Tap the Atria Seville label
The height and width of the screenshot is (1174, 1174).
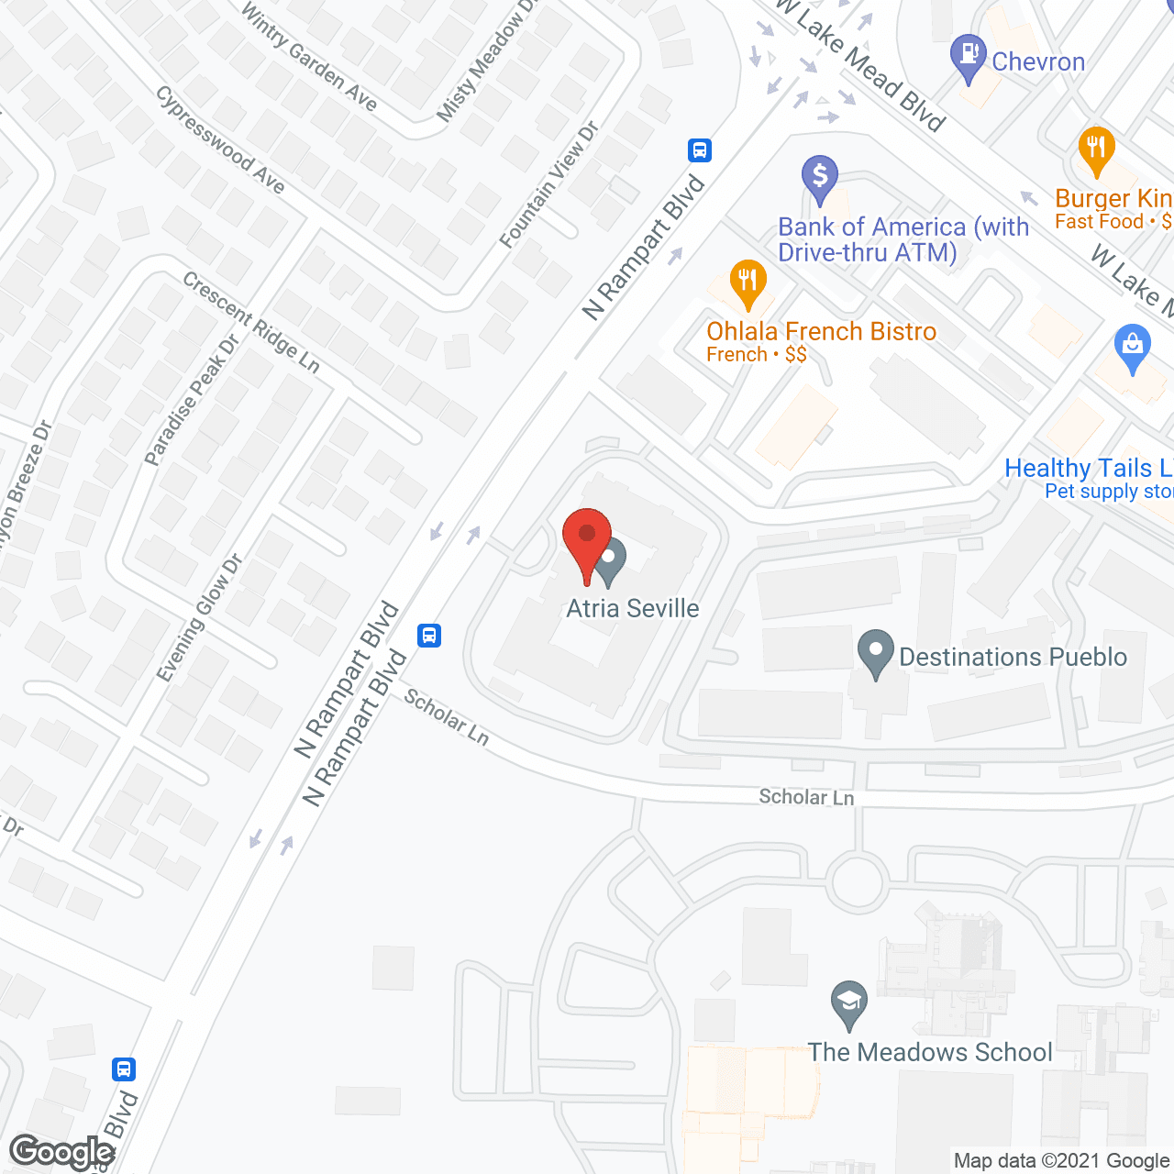pos(632,608)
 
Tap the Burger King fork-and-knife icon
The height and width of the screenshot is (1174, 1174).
pos(1096,148)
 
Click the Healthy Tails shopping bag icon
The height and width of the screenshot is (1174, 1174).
pos(1132,346)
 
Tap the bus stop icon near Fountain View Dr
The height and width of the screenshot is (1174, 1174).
pos(700,150)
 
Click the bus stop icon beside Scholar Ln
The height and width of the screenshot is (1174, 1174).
pos(429,635)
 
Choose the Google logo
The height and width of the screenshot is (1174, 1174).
pos(62,1152)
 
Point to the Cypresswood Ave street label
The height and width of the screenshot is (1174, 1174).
pos(220,139)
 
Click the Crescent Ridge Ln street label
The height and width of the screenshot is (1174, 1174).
pos(251,323)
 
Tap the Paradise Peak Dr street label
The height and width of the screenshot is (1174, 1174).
pos(192,400)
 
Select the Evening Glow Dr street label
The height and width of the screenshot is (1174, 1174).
pos(199,617)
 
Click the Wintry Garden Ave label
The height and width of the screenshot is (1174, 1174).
pos(309,56)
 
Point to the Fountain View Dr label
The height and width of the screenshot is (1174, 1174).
pos(548,185)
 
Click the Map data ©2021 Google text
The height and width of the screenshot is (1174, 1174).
pos(1061,1161)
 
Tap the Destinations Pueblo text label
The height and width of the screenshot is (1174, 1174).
pos(1013,657)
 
